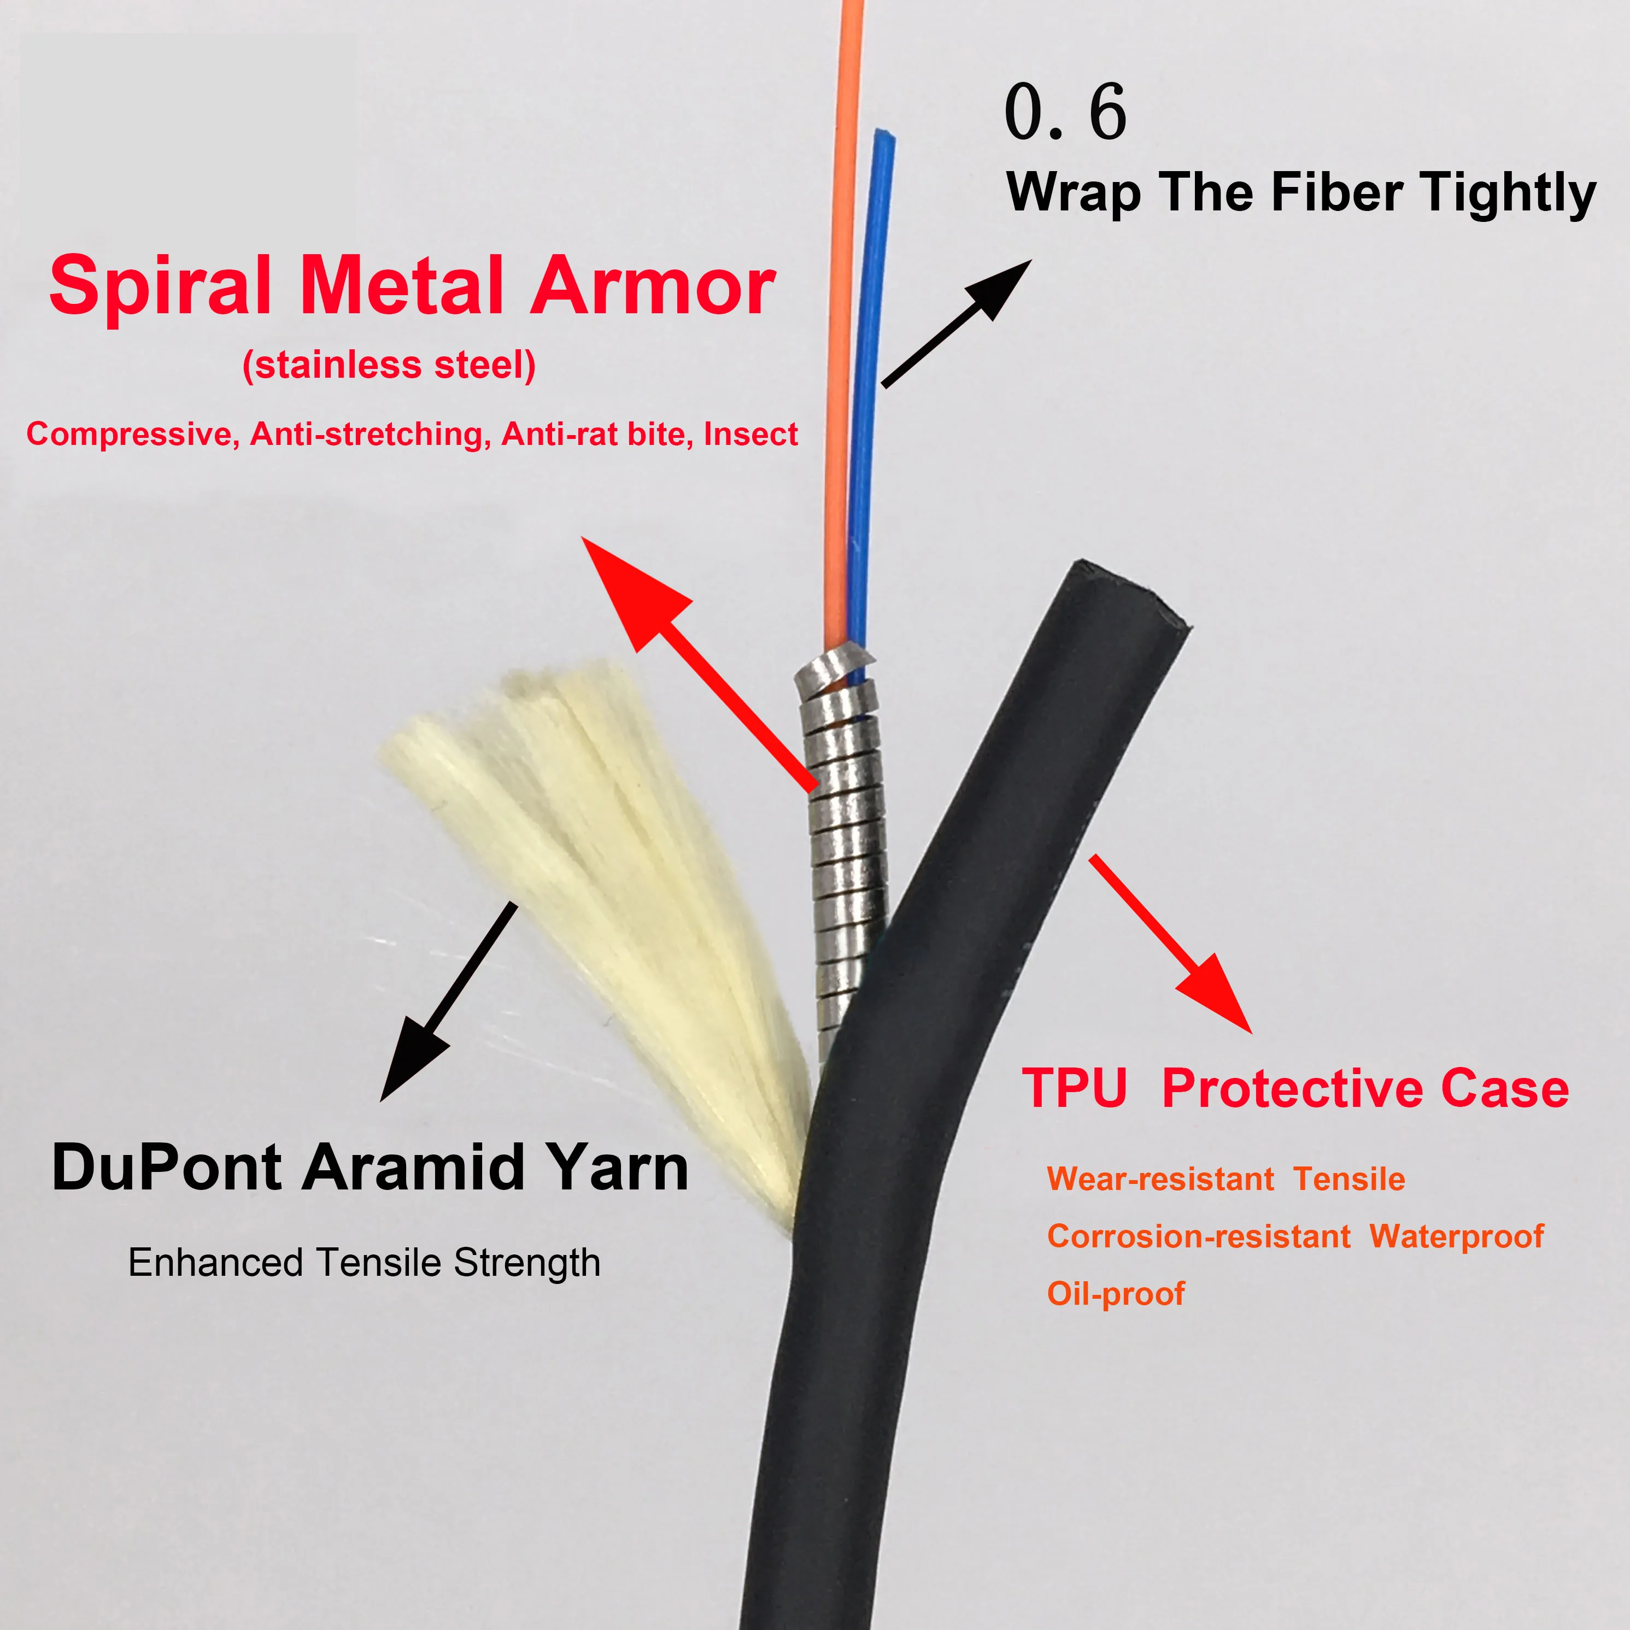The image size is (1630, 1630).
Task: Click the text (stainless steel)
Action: (389, 365)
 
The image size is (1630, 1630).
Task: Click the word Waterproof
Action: (1456, 1236)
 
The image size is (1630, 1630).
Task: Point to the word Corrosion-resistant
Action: (1198, 1236)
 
